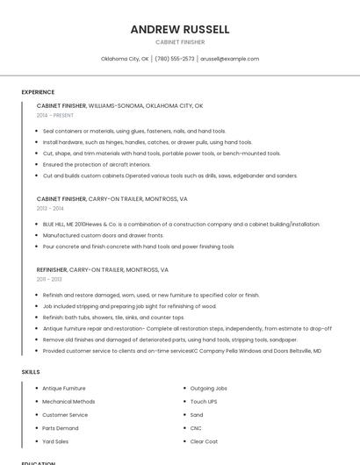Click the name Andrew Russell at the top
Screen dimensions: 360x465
coord(180,29)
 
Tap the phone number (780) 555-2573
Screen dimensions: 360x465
coord(176,59)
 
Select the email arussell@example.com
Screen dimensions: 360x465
coord(229,59)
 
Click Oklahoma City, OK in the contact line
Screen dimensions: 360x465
coord(125,59)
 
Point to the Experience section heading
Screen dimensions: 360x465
coord(38,92)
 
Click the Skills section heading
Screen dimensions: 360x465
coord(31,372)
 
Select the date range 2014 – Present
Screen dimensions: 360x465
coord(56,115)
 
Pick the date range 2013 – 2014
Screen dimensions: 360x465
coord(50,209)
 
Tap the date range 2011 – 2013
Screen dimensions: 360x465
coord(49,280)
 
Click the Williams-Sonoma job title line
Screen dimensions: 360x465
coord(119,105)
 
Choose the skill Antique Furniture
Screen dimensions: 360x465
coord(64,388)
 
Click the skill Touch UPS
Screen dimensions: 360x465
coord(205,401)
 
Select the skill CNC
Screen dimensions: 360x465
coord(197,428)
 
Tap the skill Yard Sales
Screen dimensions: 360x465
coord(55,441)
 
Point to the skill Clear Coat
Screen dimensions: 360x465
coord(204,441)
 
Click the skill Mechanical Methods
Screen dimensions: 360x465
coord(68,401)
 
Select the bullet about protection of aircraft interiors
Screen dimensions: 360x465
coord(97,164)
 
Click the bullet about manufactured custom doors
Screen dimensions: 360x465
coord(103,235)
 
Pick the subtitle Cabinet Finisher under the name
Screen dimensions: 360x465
coord(180,41)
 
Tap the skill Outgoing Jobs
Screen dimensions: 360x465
coord(209,388)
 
